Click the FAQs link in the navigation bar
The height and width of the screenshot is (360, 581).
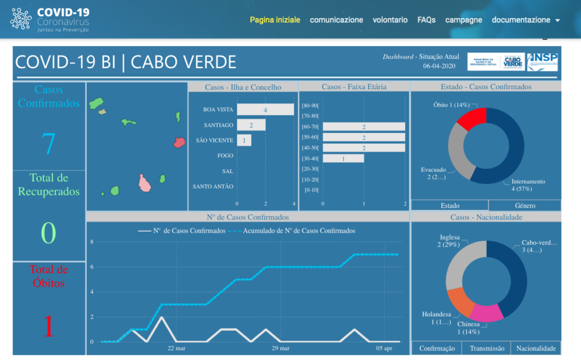(426, 20)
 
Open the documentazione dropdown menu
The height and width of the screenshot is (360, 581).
(525, 20)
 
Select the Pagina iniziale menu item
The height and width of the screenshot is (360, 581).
(275, 20)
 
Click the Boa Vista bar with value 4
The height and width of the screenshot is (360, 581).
(265, 110)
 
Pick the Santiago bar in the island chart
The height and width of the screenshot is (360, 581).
(251, 125)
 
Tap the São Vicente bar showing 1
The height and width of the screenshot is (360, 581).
(244, 140)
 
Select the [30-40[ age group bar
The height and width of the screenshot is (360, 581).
(343, 159)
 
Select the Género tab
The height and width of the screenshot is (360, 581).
(524, 206)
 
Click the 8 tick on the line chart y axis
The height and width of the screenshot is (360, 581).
(91, 242)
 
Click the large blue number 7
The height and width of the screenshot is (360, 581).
(49, 144)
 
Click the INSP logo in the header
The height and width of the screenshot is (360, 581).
(542, 61)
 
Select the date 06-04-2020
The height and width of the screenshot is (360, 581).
(440, 66)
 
